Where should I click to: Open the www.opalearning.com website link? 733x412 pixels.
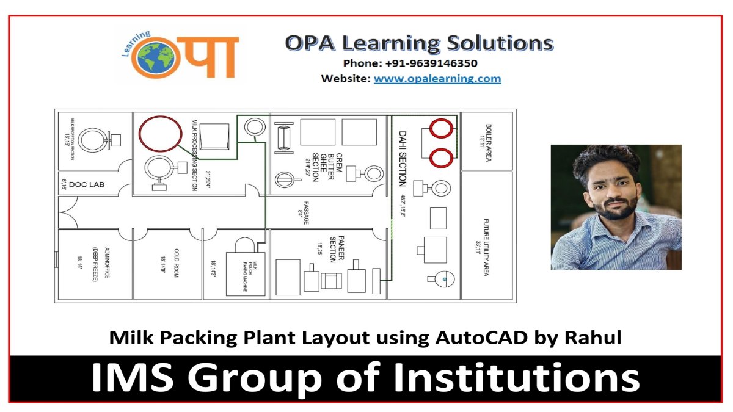(437, 79)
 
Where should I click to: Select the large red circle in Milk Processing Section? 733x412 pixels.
(160, 132)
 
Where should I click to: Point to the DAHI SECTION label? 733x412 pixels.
(402, 159)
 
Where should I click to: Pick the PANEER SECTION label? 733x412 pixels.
(333, 249)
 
